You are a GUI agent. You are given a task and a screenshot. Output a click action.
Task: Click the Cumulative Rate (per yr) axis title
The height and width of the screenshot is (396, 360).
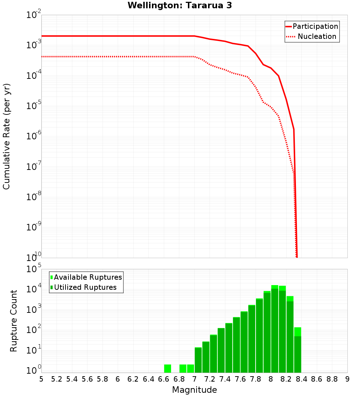pos(6,136)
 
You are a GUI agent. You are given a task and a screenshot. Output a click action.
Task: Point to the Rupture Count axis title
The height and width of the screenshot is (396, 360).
pos(14,320)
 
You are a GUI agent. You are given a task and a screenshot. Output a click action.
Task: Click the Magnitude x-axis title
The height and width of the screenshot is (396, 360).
pos(194,390)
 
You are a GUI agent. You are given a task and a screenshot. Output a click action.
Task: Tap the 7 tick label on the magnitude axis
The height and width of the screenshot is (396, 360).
pos(194,379)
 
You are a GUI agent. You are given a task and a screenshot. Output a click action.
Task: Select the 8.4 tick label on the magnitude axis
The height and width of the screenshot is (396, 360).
pos(301,379)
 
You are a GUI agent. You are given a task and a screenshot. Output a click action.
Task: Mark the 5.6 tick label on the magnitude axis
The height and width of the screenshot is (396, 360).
pos(87,379)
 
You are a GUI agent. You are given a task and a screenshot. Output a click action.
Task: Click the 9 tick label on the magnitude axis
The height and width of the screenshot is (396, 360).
pos(347,379)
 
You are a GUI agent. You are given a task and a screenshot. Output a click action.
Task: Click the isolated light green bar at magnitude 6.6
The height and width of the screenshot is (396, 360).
pos(167,368)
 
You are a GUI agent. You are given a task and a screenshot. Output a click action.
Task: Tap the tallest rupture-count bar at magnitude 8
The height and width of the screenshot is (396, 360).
pos(275,329)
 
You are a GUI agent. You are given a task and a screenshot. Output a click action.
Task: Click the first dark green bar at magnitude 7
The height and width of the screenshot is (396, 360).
pos(198,360)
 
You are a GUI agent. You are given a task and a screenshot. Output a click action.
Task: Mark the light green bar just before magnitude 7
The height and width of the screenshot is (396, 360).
pos(190,368)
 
